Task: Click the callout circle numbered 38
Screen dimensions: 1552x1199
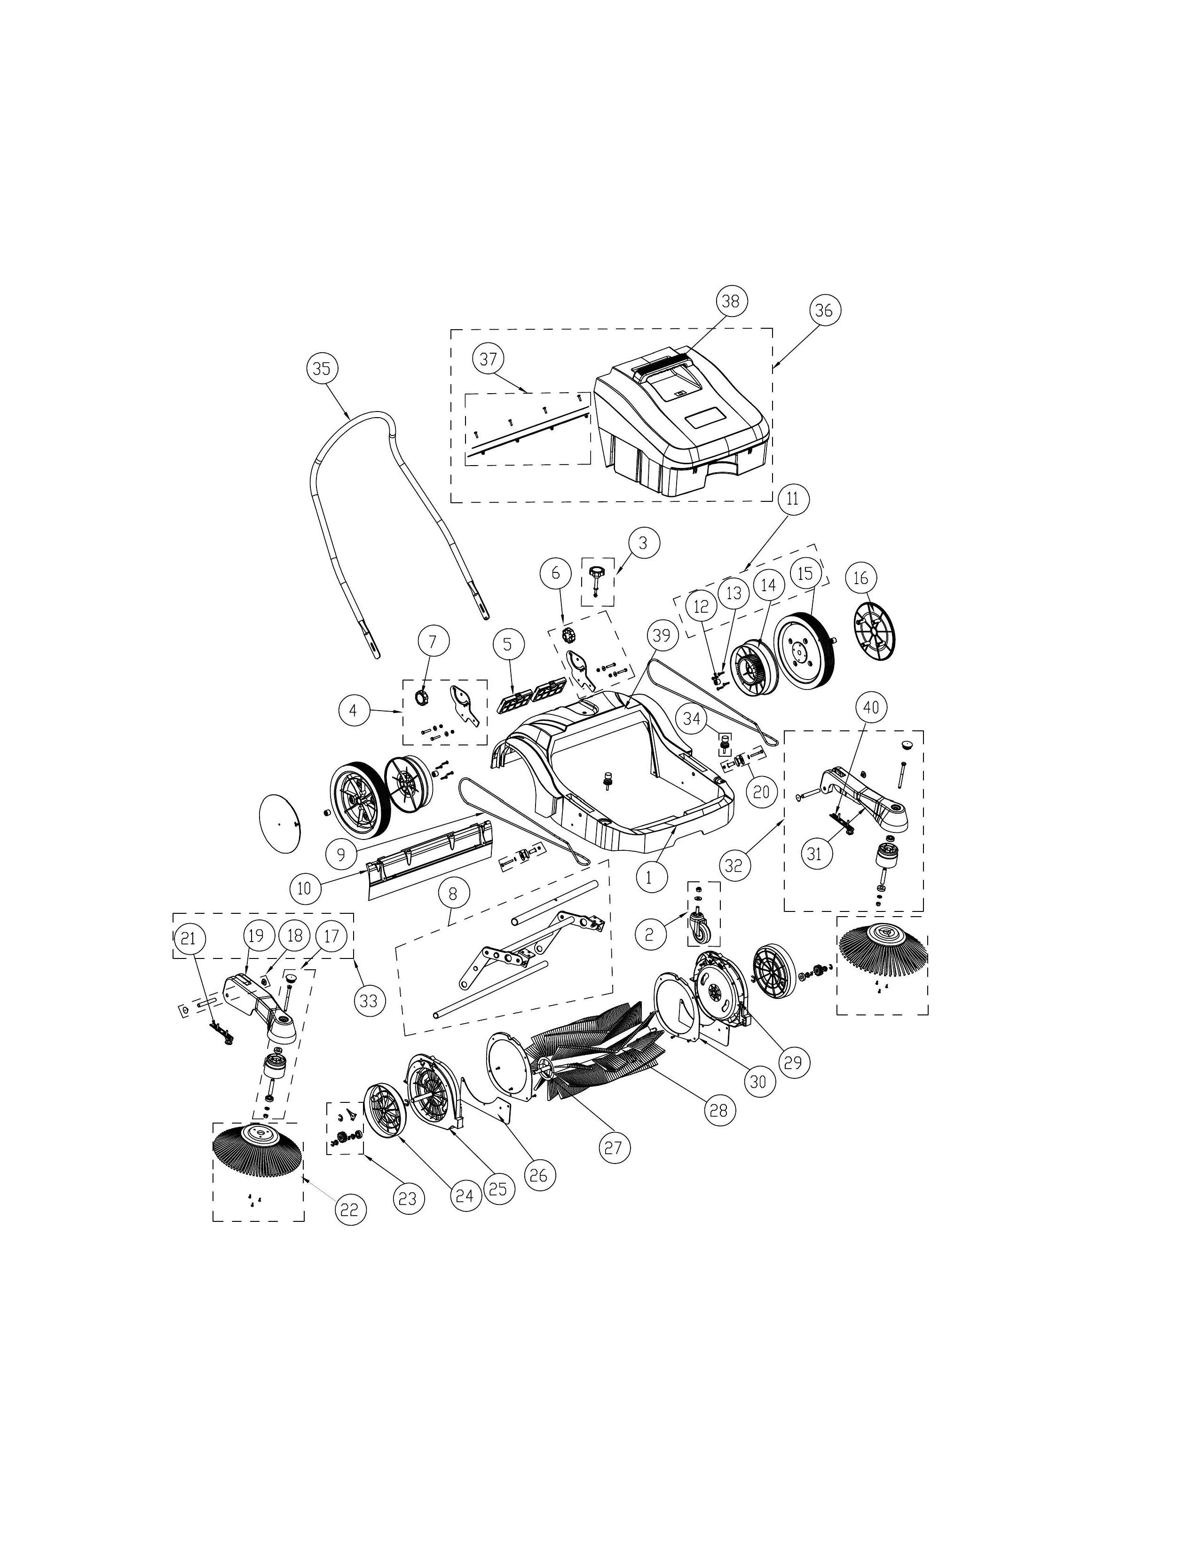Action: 730,301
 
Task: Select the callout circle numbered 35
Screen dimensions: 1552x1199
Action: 322,368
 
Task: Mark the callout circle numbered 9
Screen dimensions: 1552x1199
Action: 342,854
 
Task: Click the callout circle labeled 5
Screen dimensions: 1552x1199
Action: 507,644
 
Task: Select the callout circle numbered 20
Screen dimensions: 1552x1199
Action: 761,791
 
